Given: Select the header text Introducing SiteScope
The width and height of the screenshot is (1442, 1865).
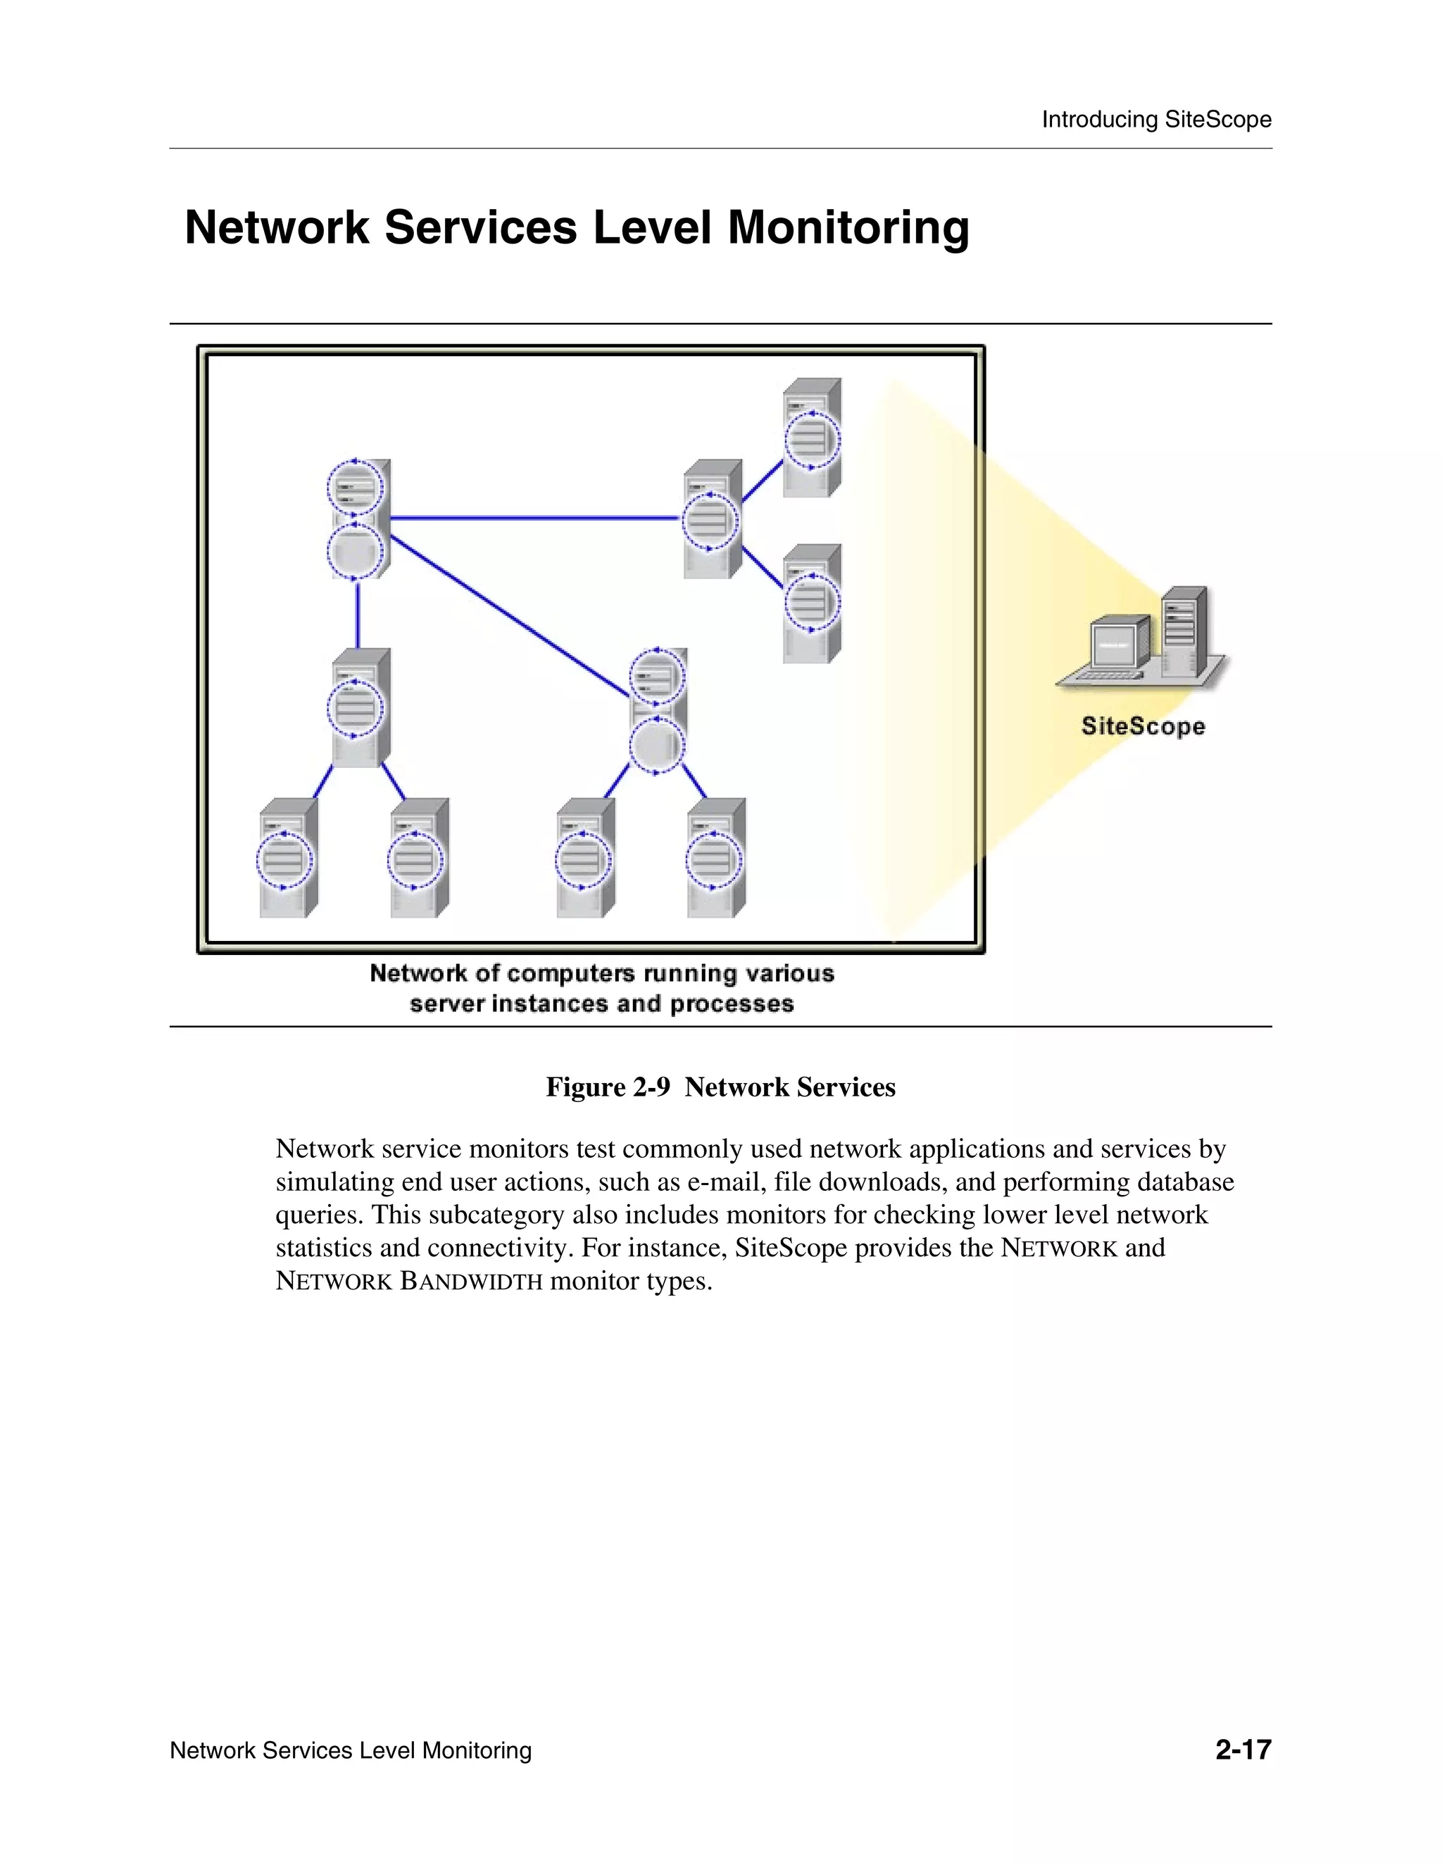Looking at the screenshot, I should click(x=1156, y=120).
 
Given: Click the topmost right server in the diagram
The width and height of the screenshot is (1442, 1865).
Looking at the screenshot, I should click(x=812, y=438).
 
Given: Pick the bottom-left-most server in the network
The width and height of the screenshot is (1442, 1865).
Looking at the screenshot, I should click(x=288, y=858).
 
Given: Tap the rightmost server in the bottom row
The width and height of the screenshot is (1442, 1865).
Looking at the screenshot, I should click(x=716, y=858).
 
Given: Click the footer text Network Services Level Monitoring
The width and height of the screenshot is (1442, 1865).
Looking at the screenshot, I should click(x=350, y=1750).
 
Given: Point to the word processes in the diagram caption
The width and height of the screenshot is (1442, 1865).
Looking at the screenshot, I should click(x=732, y=1004).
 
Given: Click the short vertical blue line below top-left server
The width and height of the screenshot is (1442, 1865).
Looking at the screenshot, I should click(x=357, y=613).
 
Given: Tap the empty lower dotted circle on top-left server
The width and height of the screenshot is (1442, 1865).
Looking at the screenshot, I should click(x=355, y=551).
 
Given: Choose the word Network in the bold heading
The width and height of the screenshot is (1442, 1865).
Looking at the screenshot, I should click(x=276, y=229).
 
